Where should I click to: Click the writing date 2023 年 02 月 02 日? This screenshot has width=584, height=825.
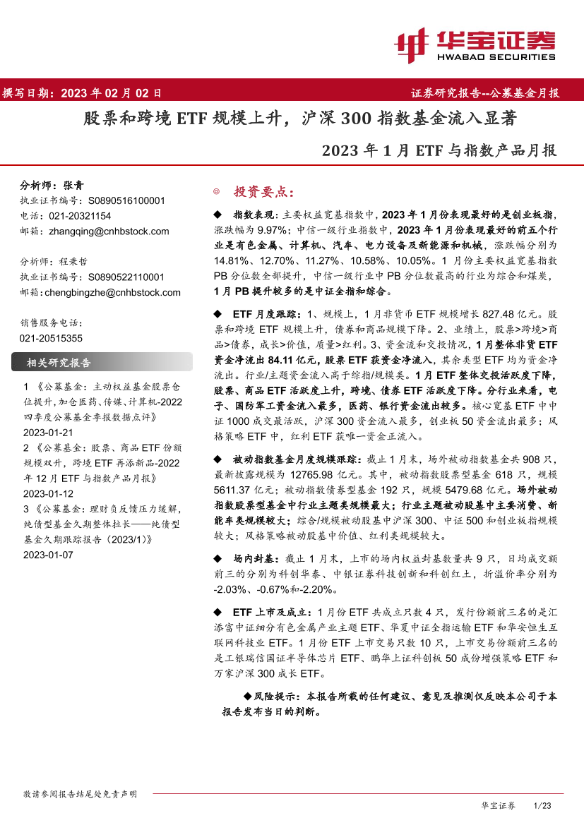pos(111,92)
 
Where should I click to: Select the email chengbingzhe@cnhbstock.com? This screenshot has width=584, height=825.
pos(113,292)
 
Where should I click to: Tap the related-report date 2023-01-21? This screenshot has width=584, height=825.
pos(48,432)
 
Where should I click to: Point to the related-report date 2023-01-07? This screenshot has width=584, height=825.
pos(48,555)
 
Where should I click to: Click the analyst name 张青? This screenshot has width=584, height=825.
pos(73,186)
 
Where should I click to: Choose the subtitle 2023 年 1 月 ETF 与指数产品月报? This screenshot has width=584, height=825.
pos(439,150)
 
